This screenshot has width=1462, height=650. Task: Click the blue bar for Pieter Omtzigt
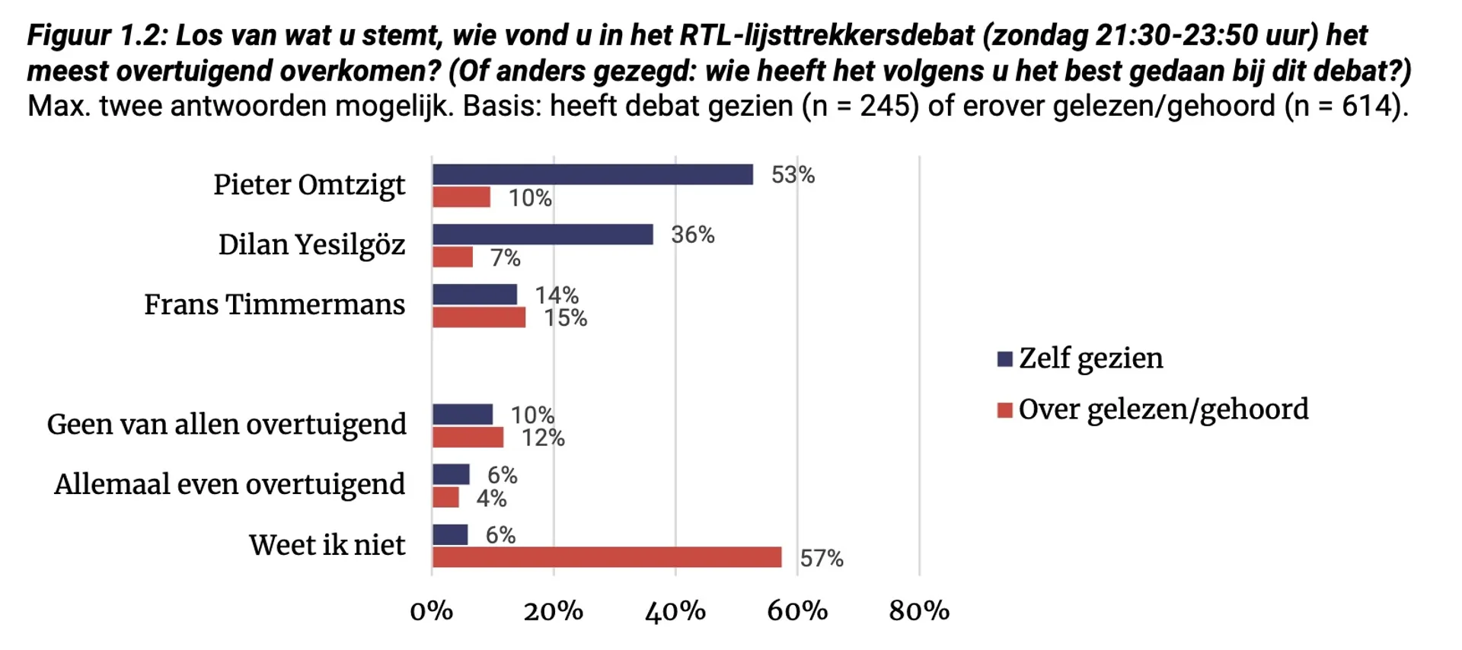[x=592, y=174]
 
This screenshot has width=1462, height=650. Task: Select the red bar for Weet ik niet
[x=607, y=557]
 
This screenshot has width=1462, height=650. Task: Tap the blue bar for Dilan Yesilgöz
[x=542, y=234]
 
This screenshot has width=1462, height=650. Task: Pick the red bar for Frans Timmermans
[x=479, y=317]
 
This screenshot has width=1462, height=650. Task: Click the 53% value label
[x=793, y=175]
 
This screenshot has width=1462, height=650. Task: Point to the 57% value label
[x=822, y=559]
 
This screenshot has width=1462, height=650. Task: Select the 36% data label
[x=693, y=234]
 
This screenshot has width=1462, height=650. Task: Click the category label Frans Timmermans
[x=275, y=304]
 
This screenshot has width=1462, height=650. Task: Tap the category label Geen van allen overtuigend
[x=227, y=424]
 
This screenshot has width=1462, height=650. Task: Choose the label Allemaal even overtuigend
[x=230, y=484]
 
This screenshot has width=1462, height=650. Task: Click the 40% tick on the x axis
[x=675, y=610]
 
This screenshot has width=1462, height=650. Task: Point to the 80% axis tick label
[x=919, y=610]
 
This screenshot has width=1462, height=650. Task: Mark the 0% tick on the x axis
[x=432, y=610]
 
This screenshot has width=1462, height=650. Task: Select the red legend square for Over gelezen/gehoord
[x=1005, y=410]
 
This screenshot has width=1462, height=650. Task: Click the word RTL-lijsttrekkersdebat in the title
[x=827, y=35]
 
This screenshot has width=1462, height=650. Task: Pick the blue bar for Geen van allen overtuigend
[x=462, y=414]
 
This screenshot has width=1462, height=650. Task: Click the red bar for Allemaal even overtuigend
[x=445, y=498]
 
